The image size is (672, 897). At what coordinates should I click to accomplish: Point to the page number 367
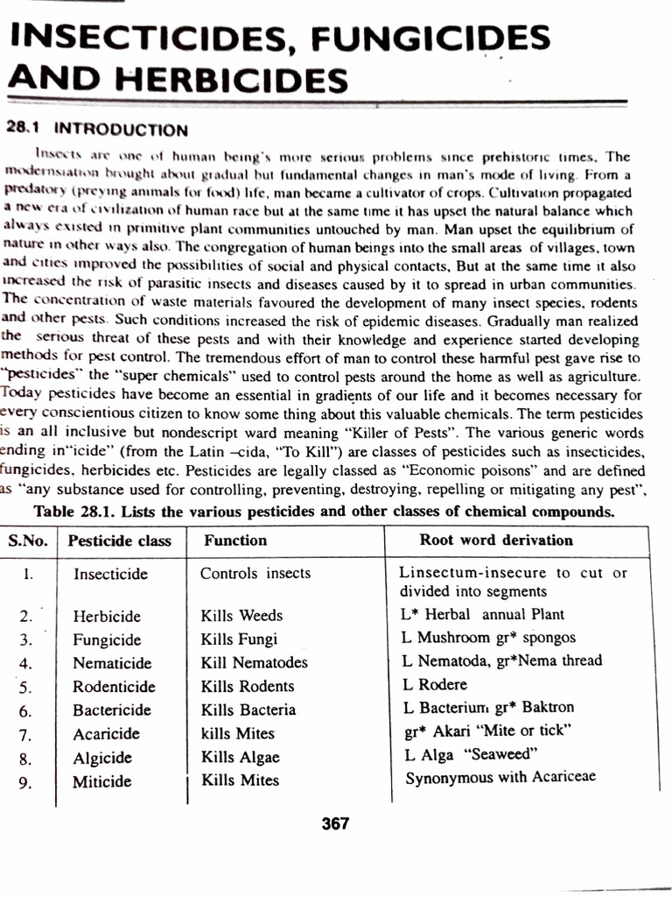click(335, 823)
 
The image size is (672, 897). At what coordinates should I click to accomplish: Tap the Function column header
click(235, 541)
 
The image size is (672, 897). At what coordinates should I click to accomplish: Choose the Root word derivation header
click(495, 540)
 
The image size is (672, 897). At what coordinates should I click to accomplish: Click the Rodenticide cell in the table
click(114, 687)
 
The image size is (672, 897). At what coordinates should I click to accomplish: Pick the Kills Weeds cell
click(241, 616)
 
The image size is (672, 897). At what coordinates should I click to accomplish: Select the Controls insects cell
click(255, 574)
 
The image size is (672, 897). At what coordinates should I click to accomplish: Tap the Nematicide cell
click(112, 663)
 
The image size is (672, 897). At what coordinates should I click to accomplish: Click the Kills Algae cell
click(240, 758)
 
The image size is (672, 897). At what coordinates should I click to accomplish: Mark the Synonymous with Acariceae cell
click(500, 777)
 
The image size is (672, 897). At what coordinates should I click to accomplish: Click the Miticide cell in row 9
click(101, 781)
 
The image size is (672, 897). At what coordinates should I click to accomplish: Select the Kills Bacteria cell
click(248, 710)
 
